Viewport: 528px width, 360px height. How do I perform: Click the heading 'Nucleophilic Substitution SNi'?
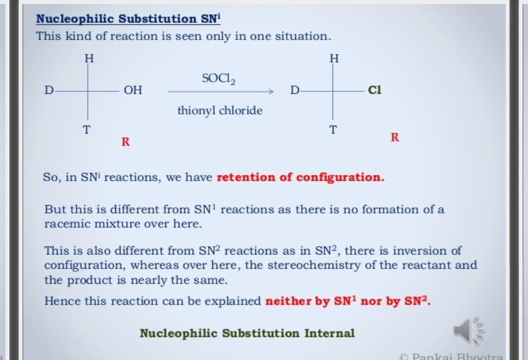128,19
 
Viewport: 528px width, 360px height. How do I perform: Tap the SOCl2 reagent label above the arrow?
219,79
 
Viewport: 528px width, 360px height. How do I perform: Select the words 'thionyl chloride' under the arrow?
220,110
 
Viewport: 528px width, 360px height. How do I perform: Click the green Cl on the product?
375,90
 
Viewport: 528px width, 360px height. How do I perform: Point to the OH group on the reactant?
133,90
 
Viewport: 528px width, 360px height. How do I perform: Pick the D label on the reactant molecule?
49,90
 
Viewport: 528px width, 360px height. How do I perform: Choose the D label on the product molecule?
295,90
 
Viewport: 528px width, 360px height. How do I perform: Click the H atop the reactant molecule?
89,59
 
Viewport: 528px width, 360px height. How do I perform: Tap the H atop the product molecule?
334,59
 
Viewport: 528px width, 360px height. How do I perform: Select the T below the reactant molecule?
87,129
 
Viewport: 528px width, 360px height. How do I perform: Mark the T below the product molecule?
333,129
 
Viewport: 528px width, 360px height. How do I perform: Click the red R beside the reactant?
126,142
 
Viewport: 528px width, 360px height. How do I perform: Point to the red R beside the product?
395,137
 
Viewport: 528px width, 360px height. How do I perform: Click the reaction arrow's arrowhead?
271,91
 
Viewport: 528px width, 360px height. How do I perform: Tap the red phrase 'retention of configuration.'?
300,177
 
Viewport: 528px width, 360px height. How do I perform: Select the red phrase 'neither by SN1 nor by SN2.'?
348,300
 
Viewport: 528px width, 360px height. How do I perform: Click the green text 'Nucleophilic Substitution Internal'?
247,334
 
